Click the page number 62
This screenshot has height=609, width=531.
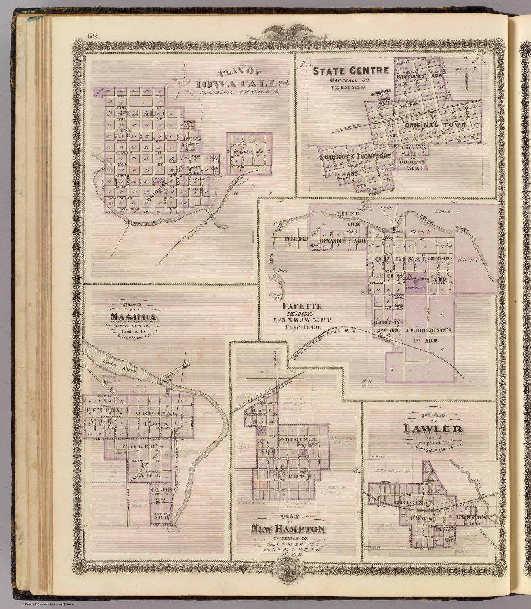92,36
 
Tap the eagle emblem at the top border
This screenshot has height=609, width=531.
283,31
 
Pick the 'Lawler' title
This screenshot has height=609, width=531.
433,428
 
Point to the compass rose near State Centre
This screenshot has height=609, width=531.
466,69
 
